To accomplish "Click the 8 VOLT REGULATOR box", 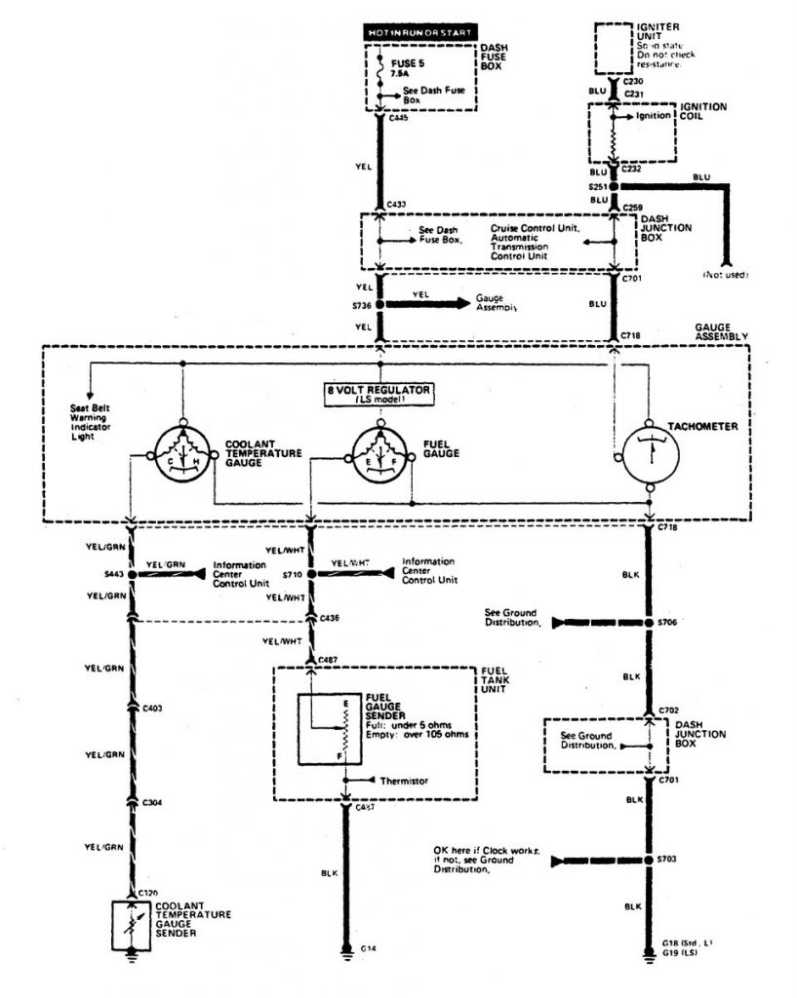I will click(380, 394).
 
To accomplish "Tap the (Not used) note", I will click(725, 275).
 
